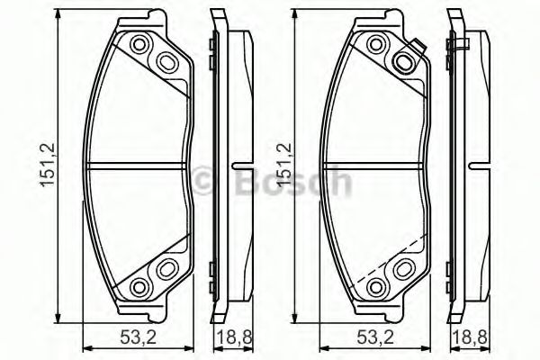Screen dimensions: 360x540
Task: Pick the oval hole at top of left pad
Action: coord(167,62)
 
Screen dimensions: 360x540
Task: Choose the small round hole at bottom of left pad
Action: coord(139,286)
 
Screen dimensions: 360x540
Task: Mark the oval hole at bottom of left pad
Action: coord(167,268)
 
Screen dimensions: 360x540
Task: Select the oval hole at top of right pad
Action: coord(404,62)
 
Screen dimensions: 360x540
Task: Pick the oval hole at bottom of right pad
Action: coord(404,268)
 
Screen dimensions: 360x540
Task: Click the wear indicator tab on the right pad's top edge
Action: coord(416,49)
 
